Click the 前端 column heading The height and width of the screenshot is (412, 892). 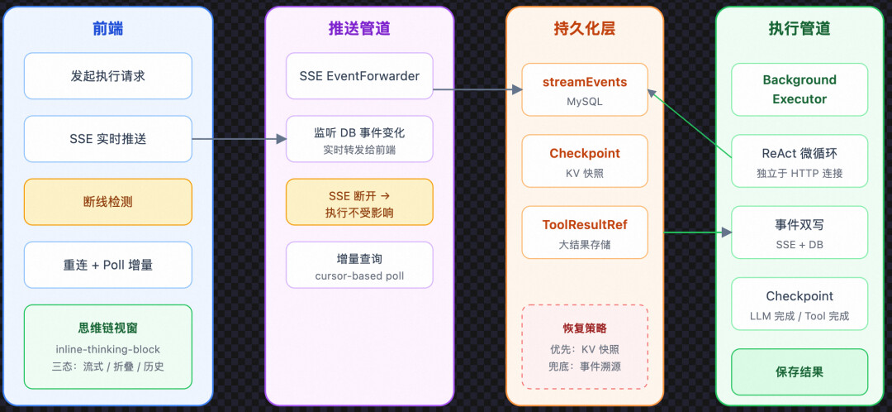(108, 28)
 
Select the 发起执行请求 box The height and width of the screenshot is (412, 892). (108, 76)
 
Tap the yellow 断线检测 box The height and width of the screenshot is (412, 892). (108, 202)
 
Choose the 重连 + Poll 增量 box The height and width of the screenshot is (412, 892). (108, 265)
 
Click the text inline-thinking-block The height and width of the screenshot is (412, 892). (108, 349)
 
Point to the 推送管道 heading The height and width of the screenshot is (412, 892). (359, 28)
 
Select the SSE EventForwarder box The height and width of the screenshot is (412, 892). (359, 76)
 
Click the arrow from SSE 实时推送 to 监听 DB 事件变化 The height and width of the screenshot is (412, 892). (239, 139)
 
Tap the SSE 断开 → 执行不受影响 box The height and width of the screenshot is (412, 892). (359, 202)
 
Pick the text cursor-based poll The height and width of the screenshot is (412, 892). (359, 276)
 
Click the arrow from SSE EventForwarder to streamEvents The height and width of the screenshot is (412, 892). (478, 89)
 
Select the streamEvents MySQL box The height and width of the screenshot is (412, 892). (585, 89)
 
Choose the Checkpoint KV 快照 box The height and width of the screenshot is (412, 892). (585, 160)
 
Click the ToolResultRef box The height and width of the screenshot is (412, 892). (585, 232)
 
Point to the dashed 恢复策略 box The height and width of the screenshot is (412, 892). (585, 347)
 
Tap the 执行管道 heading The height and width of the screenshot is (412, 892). (799, 28)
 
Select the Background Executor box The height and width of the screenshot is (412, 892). (799, 89)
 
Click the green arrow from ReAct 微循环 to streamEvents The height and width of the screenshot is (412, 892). (690, 123)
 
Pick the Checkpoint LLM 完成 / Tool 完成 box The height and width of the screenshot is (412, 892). (799, 304)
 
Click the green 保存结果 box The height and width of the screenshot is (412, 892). (799, 372)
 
